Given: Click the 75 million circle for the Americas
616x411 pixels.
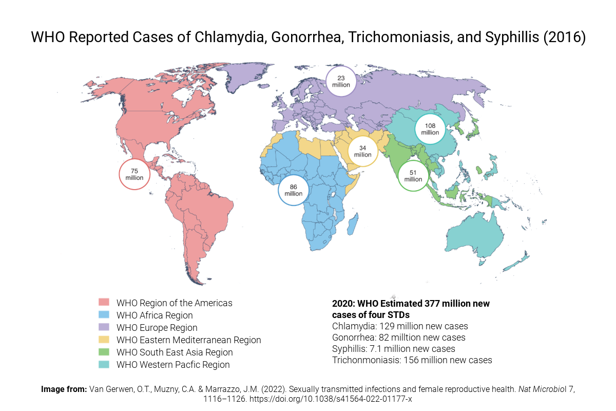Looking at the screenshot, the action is tap(134, 174).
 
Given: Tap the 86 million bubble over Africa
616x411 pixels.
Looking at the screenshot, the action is tap(294, 191).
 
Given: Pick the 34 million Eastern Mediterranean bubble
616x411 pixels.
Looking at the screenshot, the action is tap(362, 151).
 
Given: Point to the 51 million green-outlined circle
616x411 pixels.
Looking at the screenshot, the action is tap(413, 176).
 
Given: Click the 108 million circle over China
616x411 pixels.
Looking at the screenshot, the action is tap(430, 129).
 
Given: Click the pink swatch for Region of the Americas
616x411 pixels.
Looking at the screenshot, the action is tap(104, 303).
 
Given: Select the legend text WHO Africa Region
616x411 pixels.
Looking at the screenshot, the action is tap(155, 315).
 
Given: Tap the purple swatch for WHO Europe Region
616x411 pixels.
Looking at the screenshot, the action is tap(104, 327).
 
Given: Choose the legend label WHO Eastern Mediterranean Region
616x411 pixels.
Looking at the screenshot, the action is tap(188, 340).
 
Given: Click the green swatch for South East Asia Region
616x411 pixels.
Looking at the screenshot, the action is tap(104, 352).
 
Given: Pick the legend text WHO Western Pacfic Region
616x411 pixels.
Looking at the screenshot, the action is tap(173, 365).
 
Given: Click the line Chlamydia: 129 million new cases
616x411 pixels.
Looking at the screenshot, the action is tap(400, 326).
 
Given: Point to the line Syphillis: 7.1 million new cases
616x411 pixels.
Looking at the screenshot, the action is tap(394, 349).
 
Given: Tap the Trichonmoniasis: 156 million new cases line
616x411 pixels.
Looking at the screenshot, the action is tap(412, 360).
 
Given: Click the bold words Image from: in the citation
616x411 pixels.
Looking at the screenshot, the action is tap(64, 389).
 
